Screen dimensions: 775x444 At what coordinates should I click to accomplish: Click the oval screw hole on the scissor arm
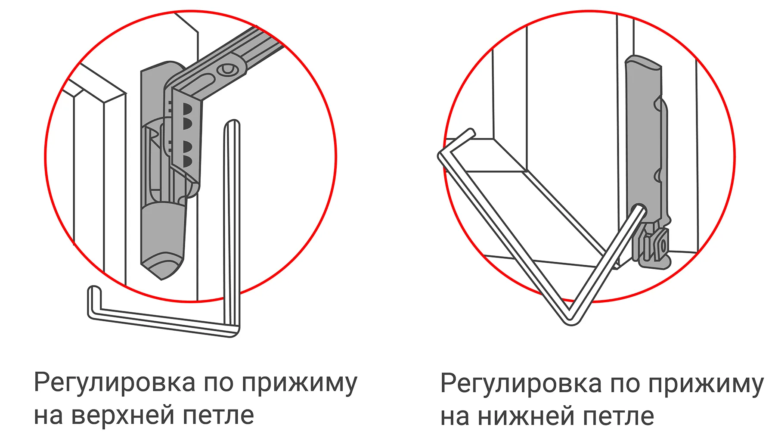227,69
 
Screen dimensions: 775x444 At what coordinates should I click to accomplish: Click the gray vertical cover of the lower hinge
643,138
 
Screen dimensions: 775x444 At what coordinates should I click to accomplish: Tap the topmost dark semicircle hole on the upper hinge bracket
187,109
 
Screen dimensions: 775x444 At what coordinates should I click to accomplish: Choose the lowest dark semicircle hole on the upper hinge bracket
187,162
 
